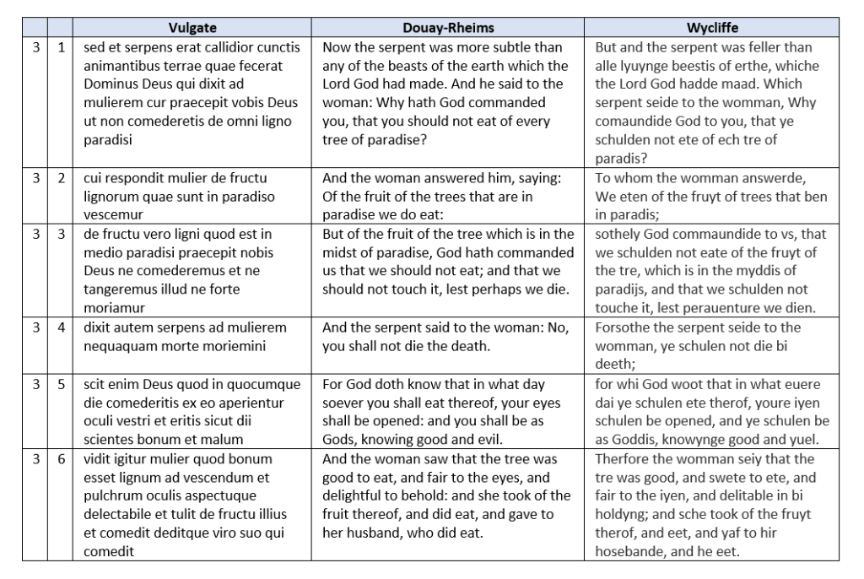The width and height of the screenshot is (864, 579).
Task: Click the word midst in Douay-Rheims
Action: click(342, 252)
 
